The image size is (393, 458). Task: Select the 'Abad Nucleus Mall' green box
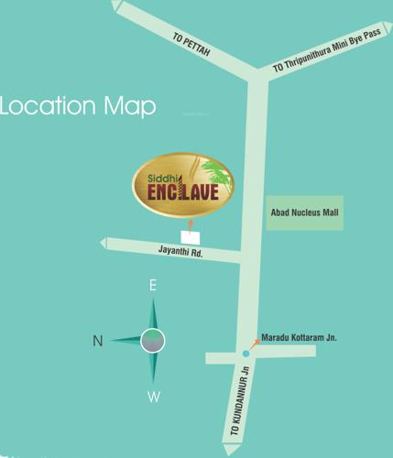tap(304, 212)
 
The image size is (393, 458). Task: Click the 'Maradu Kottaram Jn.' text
tap(300, 337)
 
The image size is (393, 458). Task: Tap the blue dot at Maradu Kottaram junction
tap(246, 354)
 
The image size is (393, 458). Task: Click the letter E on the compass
tap(153, 286)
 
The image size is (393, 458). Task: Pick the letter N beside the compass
tap(97, 341)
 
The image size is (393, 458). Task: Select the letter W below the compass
tap(154, 397)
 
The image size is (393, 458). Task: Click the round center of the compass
tap(153, 341)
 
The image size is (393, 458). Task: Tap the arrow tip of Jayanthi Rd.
tap(104, 243)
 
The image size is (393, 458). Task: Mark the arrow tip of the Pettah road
tap(115, 5)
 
